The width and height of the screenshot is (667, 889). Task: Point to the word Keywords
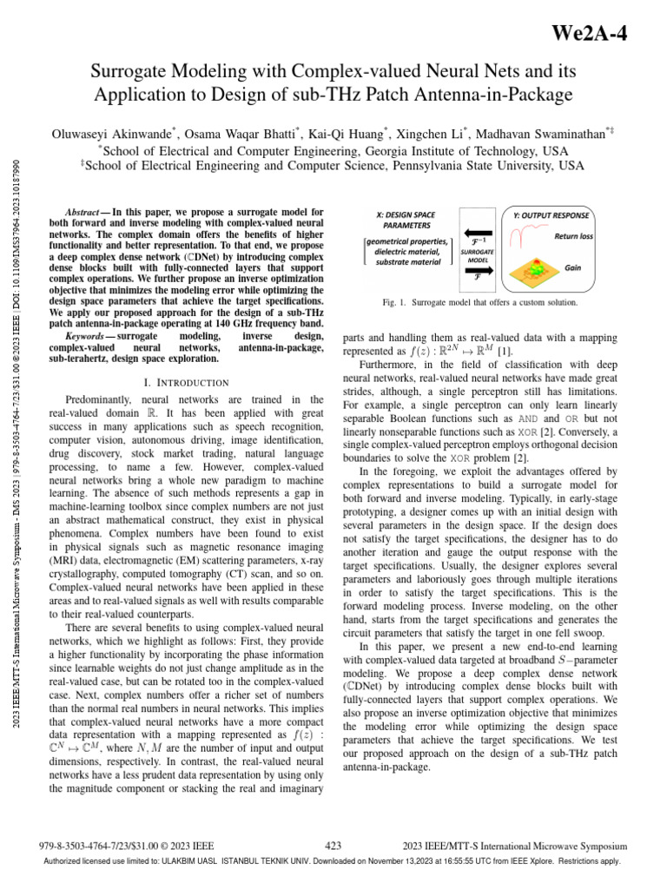tap(87, 334)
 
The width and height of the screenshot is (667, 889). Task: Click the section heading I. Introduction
tap(186, 382)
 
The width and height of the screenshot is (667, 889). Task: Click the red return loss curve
tap(530, 235)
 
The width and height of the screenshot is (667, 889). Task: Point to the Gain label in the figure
tap(573, 268)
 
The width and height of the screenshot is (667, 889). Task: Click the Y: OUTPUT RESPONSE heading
tap(550, 215)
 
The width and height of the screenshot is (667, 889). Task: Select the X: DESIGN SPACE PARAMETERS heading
tap(406, 220)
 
